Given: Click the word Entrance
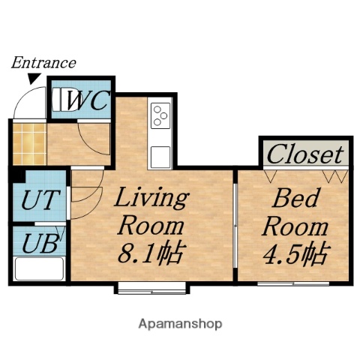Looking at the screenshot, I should (43, 63).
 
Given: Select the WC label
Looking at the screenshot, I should (88, 100).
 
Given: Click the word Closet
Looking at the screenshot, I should (305, 154).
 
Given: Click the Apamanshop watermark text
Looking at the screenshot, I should (180, 325).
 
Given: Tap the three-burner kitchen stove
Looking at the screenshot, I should (161, 115).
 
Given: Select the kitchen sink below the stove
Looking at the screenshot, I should (161, 157).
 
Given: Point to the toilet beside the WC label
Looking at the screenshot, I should (59, 100).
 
